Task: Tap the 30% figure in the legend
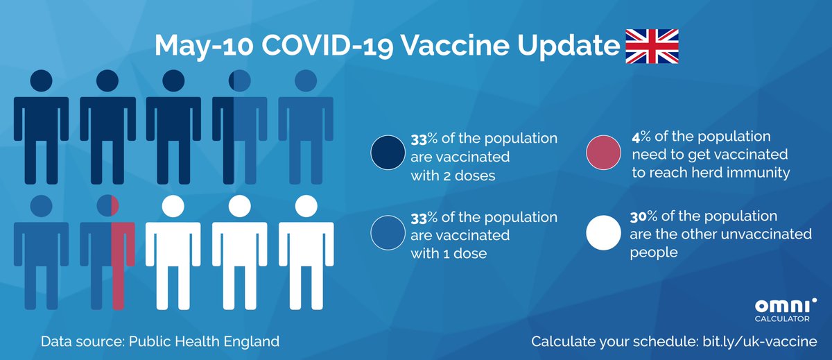point(641,216)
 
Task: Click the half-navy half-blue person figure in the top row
point(239,125)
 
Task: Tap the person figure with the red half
point(107,250)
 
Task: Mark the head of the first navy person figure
point(41,80)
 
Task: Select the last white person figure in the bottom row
point(306,250)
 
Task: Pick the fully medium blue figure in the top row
point(306,125)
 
